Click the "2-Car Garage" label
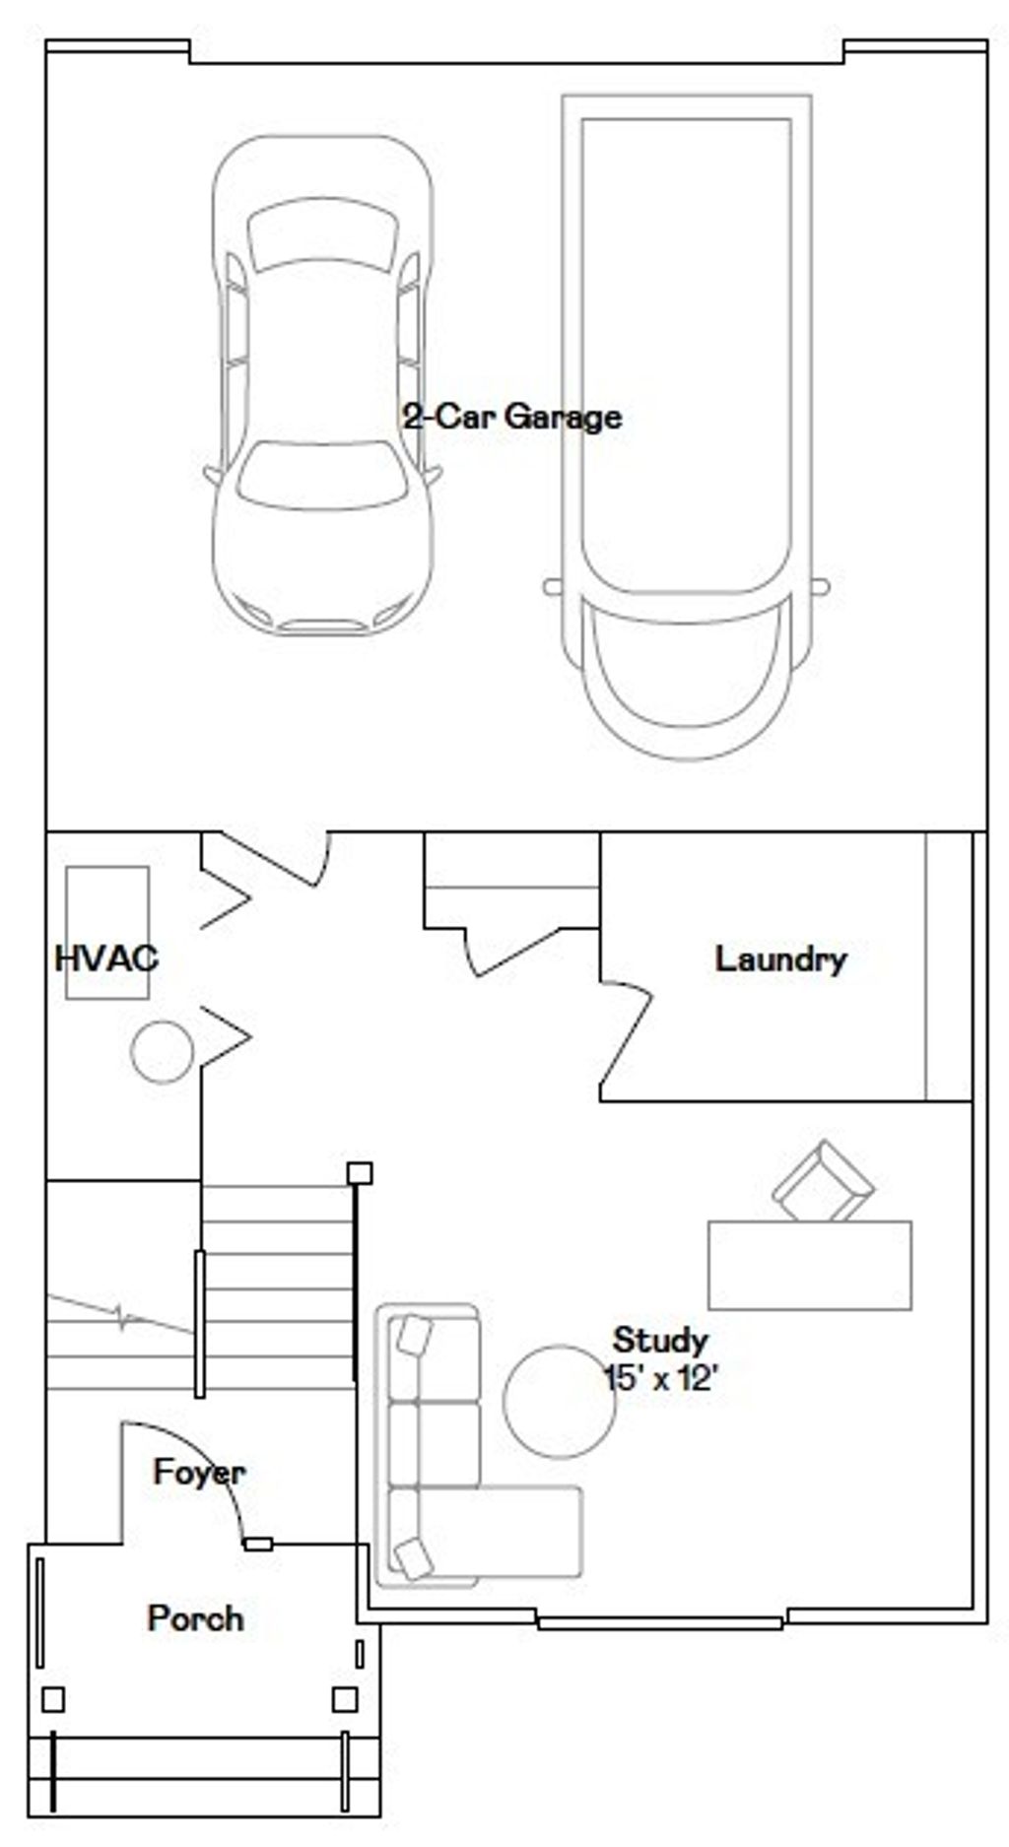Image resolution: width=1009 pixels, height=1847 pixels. [512, 417]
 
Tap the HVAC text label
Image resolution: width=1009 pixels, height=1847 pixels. [106, 958]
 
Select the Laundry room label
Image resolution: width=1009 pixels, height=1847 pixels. [780, 959]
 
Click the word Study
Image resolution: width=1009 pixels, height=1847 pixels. [660, 1341]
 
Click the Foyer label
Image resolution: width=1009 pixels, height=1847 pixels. [199, 1473]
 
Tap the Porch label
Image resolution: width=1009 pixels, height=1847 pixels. [195, 1618]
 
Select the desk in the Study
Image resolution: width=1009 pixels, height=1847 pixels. [810, 1265]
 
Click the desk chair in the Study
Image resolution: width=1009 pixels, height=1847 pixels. [823, 1182]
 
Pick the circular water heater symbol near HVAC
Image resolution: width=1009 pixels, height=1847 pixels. [163, 1052]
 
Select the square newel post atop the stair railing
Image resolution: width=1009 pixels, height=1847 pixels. [360, 1172]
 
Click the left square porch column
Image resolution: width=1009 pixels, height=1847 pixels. [53, 1699]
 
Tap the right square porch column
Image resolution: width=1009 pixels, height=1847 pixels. [344, 1699]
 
